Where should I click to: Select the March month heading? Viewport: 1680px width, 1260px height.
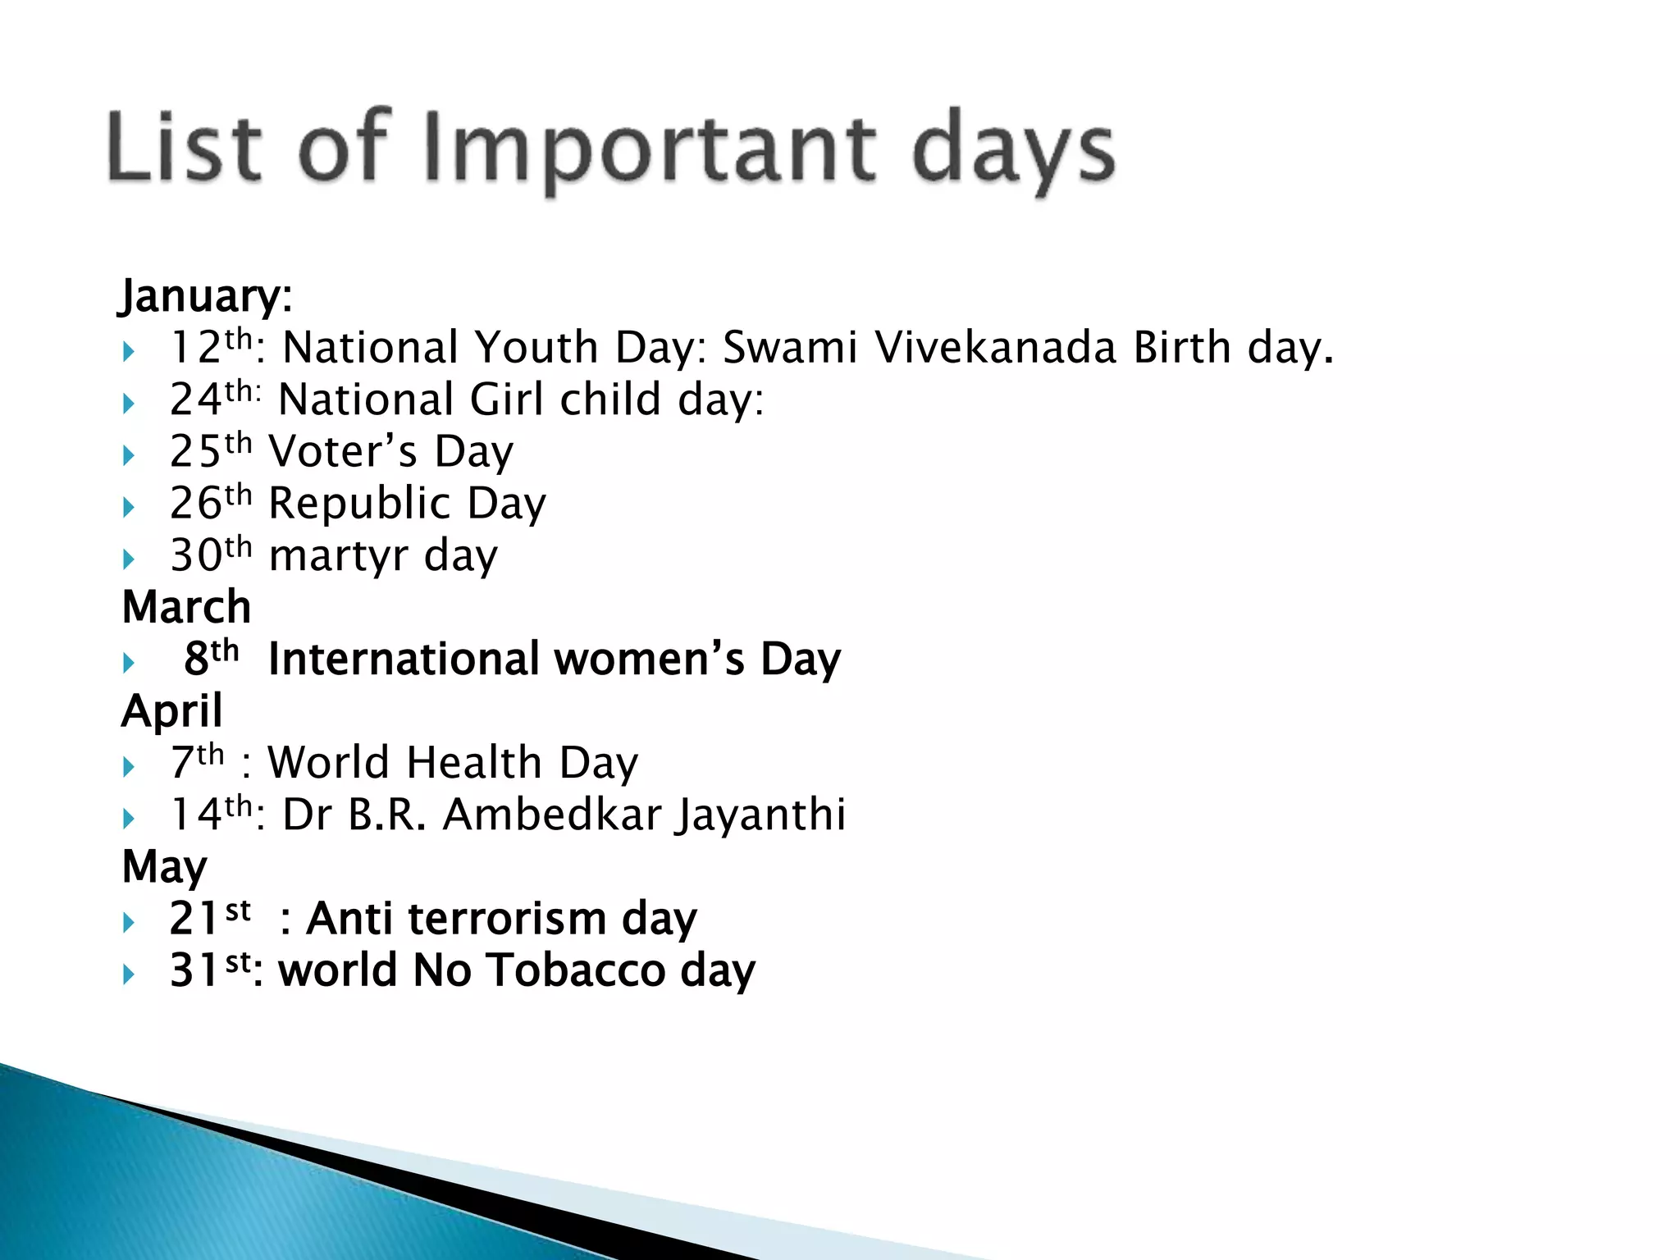click(x=186, y=607)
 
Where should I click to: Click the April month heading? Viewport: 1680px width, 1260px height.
click(x=172, y=710)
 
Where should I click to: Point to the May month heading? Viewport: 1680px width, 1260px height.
click(x=164, y=866)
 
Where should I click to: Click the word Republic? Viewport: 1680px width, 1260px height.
click(x=359, y=503)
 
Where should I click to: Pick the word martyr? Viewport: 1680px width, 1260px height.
click(x=338, y=556)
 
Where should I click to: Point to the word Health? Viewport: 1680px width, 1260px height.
click(x=473, y=763)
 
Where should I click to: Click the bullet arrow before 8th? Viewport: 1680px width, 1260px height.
click(x=129, y=662)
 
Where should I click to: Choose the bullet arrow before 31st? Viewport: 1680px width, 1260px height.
click(x=129, y=975)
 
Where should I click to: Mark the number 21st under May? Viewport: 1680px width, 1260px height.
click(x=209, y=917)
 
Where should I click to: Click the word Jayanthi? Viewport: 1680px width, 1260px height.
click(x=760, y=815)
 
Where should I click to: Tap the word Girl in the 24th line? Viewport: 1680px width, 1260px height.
click(x=507, y=399)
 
